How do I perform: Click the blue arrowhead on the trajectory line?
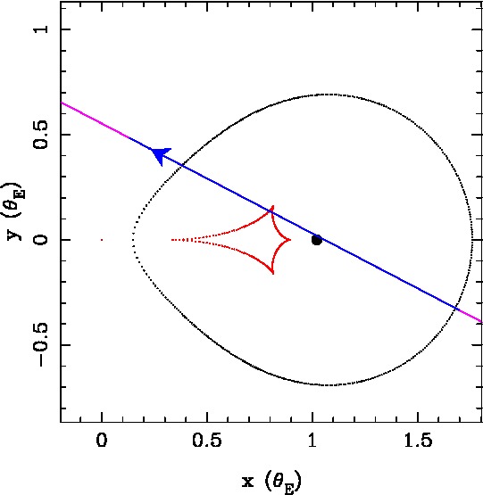click(161, 155)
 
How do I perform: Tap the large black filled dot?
click(317, 240)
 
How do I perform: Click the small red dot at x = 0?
click(102, 240)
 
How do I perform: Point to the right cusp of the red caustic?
click(290, 240)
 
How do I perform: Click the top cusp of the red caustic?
click(272, 207)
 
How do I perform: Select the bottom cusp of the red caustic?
click(273, 272)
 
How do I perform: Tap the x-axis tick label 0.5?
click(207, 440)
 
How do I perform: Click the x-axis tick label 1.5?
click(418, 440)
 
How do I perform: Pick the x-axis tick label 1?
click(312, 440)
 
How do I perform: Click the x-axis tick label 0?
click(102, 440)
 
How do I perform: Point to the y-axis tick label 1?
click(41, 29)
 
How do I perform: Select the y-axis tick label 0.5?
click(41, 135)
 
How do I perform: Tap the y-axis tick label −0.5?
click(41, 345)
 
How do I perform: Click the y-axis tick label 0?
click(41, 240)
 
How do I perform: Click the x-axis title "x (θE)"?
click(271, 482)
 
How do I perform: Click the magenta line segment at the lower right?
click(469, 315)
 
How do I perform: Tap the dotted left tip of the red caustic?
click(172, 240)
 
